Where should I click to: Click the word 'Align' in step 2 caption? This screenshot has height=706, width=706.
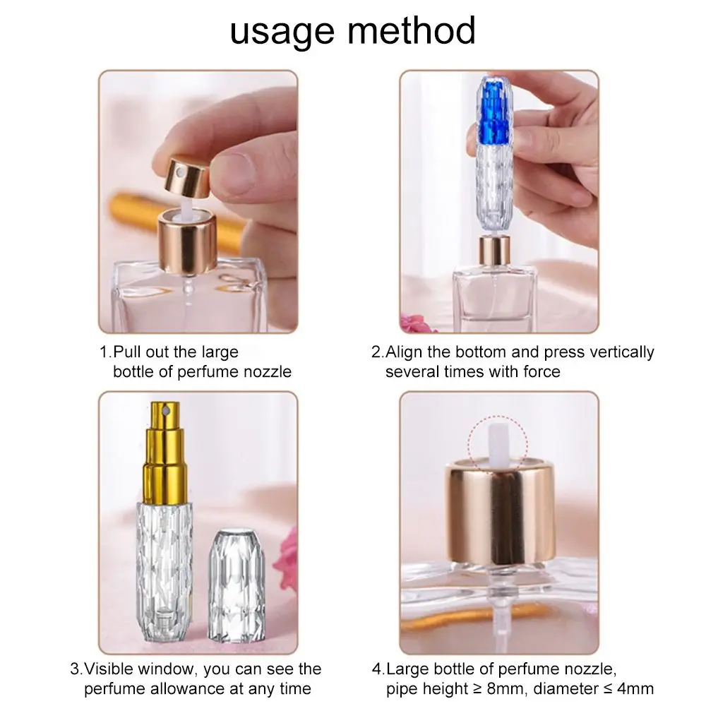point(407,352)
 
